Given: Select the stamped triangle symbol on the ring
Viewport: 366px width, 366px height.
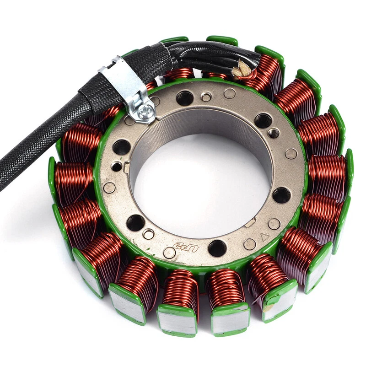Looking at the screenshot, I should point(264,237).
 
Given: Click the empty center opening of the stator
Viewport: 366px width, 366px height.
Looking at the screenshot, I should point(201,183).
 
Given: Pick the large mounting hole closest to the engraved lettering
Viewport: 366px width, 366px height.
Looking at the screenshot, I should point(216,248).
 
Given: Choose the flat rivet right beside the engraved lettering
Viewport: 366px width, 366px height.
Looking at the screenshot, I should point(169,252).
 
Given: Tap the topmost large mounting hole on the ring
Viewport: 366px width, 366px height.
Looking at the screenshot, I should point(184,97).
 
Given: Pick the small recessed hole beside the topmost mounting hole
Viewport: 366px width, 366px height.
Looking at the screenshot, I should point(206,97).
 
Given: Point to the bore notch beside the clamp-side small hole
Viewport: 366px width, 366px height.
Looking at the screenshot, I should point(126,167).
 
